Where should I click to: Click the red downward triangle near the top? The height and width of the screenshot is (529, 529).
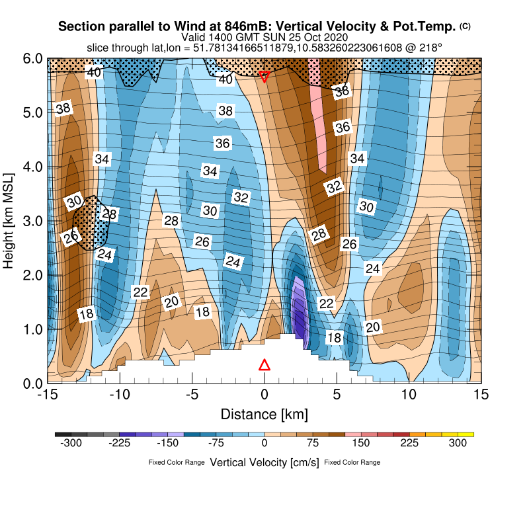click(x=264, y=77)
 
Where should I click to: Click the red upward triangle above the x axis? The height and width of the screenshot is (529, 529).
click(x=264, y=365)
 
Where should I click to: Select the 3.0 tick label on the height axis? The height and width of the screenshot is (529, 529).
click(x=33, y=220)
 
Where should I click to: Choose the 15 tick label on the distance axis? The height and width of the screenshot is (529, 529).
click(x=482, y=395)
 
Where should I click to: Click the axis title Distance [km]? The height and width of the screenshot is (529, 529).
click(x=264, y=415)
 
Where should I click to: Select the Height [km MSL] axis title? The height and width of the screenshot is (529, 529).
click(x=9, y=220)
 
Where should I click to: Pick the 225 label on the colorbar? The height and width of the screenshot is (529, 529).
click(x=410, y=444)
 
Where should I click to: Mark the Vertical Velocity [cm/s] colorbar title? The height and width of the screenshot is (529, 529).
click(x=264, y=462)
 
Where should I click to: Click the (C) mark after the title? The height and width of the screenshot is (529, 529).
click(x=466, y=26)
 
